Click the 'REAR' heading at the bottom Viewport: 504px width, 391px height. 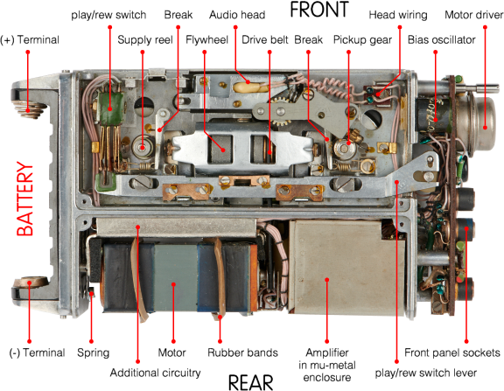click(x=252, y=382)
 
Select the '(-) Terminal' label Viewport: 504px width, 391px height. click(x=32, y=353)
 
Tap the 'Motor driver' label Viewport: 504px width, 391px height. click(x=472, y=15)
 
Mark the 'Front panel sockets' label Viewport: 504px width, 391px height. click(x=447, y=353)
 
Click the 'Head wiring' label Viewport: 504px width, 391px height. click(x=397, y=15)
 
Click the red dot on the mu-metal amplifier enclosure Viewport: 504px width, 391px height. click(x=325, y=279)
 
